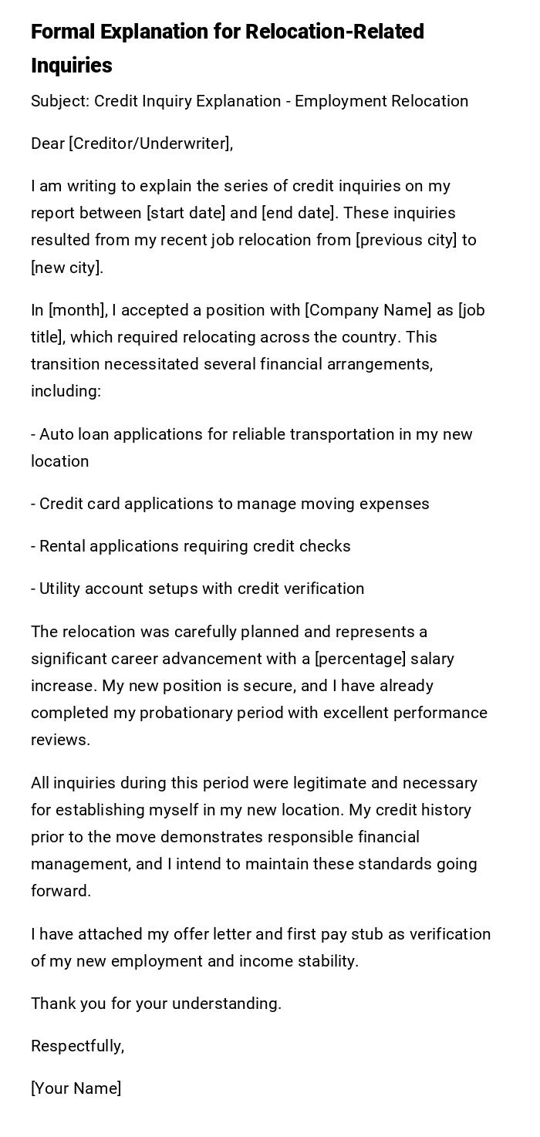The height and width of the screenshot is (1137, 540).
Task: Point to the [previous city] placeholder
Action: coord(406,240)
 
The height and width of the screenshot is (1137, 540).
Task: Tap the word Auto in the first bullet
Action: coord(56,434)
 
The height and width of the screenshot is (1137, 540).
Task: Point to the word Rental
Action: coord(63,546)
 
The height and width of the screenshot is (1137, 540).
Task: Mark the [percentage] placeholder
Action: coord(360,659)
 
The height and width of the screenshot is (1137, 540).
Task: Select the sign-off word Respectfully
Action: coord(76,1046)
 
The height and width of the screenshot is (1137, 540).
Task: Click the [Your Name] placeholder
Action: coord(76,1088)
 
